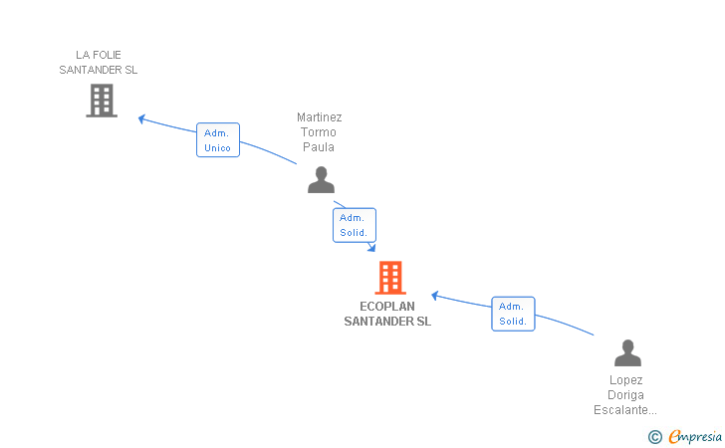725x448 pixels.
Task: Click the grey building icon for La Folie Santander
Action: (x=102, y=101)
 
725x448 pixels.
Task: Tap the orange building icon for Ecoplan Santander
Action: (x=390, y=278)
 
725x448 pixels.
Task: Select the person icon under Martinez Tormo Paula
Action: (x=321, y=180)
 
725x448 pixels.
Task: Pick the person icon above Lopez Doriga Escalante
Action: (x=627, y=352)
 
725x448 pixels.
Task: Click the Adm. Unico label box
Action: (x=218, y=140)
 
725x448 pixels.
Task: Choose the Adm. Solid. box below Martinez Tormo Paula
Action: (x=355, y=225)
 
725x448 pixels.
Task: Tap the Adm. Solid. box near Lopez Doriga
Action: (x=513, y=314)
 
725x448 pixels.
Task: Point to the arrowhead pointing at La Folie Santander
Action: (x=142, y=118)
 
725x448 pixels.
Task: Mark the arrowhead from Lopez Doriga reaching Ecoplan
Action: (x=434, y=296)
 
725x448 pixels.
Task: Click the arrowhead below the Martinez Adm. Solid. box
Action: (x=371, y=248)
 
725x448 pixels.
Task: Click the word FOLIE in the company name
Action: (x=107, y=55)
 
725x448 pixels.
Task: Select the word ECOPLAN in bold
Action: (x=387, y=306)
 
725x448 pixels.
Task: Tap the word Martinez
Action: (x=319, y=117)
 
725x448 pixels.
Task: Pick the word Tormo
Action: (x=319, y=132)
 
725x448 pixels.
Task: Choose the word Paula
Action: (x=319, y=147)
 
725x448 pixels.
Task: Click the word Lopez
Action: (x=626, y=380)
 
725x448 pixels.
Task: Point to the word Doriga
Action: (x=625, y=395)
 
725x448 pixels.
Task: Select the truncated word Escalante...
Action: (x=625, y=410)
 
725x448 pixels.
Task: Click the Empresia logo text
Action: (x=695, y=436)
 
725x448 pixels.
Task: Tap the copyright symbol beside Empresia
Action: (x=655, y=437)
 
